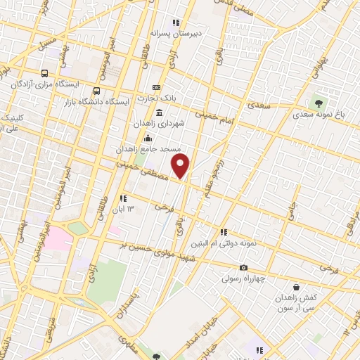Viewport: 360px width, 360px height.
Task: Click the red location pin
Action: [181, 167]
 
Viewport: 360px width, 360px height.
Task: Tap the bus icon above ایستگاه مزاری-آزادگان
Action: [46, 73]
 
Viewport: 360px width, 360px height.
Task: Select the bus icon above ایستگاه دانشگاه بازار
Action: [96, 91]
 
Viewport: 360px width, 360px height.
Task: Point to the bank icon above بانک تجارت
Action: [155, 88]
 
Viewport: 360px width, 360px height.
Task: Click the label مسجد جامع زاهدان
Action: [149, 149]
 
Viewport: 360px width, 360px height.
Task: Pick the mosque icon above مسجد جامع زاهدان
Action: [147, 139]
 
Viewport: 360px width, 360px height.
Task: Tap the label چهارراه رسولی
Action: [244, 278]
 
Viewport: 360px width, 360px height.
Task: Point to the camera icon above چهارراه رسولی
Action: [244, 268]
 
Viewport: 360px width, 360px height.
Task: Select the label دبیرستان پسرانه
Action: [176, 32]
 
